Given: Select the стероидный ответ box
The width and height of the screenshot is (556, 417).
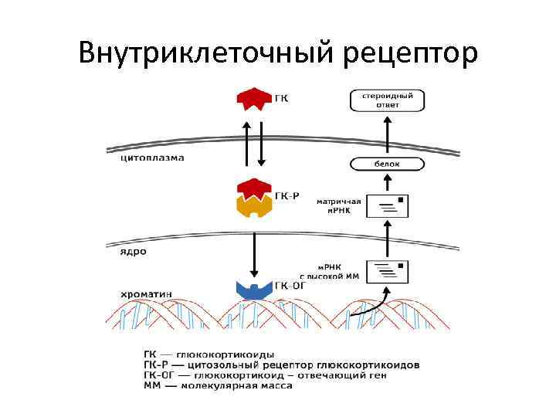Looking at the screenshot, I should (x=387, y=100).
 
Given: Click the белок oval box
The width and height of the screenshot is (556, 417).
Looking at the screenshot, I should (x=387, y=164).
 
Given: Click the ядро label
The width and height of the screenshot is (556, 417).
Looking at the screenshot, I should (x=134, y=251).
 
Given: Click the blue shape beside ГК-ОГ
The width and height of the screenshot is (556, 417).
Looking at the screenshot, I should (x=253, y=290).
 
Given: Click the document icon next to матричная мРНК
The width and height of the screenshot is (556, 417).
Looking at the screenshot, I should (x=387, y=206).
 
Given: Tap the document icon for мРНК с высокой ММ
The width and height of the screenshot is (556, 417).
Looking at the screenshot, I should (x=387, y=271).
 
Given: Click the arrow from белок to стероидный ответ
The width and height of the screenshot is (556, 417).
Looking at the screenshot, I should (x=387, y=134).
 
